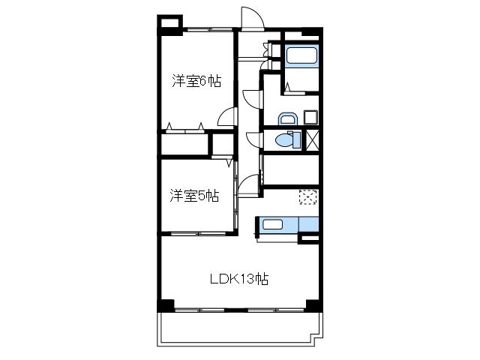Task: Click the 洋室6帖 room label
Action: point(196,81)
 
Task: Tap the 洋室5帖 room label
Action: point(194,196)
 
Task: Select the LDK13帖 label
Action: point(239,279)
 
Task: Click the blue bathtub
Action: point(301,55)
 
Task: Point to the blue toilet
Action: point(288,140)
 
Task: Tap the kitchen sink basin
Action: point(272,224)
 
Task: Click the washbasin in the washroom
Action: point(288,118)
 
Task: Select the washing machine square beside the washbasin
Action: point(310,117)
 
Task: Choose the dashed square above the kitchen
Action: point(308,196)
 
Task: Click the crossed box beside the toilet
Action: point(313,140)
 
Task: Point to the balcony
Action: point(240,329)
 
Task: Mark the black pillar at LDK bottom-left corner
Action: point(166,305)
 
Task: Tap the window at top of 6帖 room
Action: point(210,30)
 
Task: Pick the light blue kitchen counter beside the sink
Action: point(308,224)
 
